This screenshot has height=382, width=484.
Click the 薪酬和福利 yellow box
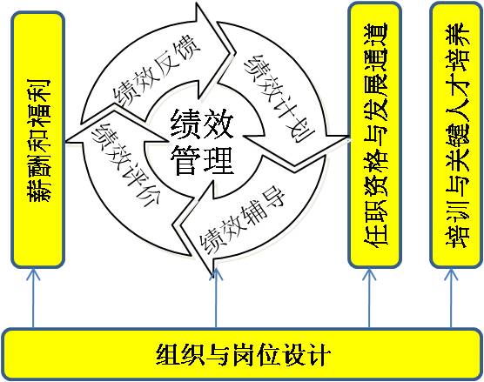(x=37, y=139)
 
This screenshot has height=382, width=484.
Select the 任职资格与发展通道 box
(x=375, y=135)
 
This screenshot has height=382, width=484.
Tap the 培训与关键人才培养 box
(x=456, y=135)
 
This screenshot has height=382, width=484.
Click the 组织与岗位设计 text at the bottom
(x=243, y=354)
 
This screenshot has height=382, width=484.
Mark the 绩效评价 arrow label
(x=125, y=164)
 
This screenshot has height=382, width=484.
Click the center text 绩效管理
(x=202, y=141)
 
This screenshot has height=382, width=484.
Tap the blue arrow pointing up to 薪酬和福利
(x=33, y=298)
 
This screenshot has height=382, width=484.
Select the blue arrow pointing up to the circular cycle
(x=216, y=298)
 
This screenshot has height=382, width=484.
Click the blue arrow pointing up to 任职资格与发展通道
(x=369, y=298)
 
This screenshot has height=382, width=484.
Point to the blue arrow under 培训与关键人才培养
(x=451, y=298)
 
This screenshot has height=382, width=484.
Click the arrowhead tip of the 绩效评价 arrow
(x=66, y=142)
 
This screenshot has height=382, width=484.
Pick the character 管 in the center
(x=185, y=159)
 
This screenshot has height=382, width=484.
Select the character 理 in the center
(x=218, y=159)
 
